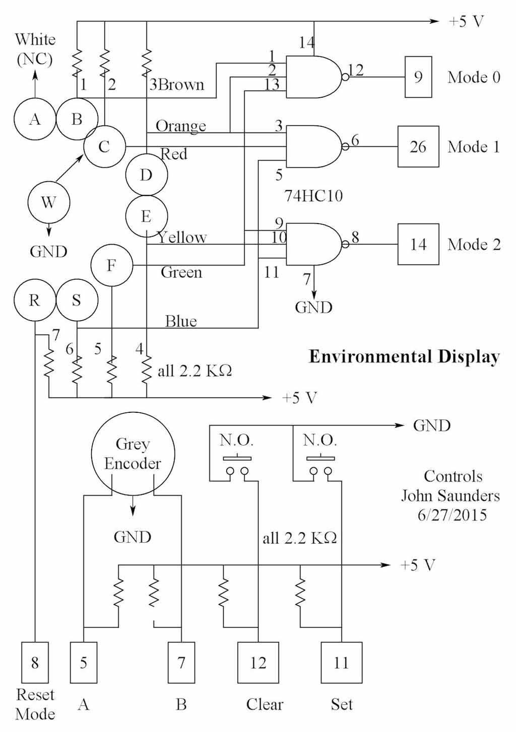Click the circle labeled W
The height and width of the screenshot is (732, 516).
pos(48,202)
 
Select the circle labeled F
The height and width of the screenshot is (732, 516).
pos(112,265)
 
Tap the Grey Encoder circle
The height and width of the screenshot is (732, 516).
pos(133,454)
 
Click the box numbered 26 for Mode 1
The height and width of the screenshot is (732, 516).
pos(418,147)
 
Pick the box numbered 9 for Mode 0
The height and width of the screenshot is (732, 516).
pos(418,77)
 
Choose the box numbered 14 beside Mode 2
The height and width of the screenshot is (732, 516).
pos(418,244)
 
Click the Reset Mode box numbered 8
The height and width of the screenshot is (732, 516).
pos(35,662)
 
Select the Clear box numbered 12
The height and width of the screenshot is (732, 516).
pos(258,662)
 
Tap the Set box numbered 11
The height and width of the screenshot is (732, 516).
pos(341,662)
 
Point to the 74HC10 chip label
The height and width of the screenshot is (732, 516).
pos(313,195)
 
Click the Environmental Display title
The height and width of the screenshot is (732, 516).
pos(404,356)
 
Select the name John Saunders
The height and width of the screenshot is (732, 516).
pos(450,495)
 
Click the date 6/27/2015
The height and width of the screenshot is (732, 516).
pos(452,515)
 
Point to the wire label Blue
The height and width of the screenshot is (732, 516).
pos(181,321)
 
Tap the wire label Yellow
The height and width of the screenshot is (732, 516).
pos(182,237)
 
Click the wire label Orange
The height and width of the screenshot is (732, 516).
pos(181,125)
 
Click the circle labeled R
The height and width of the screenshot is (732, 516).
pos(34,300)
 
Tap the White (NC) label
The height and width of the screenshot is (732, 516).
pos(35,49)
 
